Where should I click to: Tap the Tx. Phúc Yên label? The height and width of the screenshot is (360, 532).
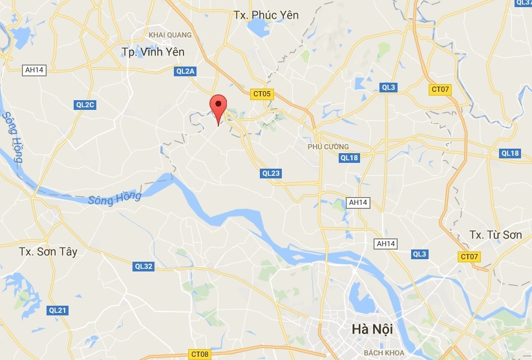[x=266, y=14]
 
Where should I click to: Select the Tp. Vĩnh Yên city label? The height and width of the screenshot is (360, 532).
[x=153, y=52]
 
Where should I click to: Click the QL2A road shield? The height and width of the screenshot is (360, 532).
[x=185, y=72]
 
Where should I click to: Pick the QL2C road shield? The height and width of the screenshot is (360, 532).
[x=85, y=105]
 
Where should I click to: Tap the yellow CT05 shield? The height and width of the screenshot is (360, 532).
[x=262, y=94]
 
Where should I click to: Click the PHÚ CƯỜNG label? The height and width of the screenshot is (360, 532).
[x=328, y=147]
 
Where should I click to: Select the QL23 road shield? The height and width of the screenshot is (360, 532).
[x=271, y=173]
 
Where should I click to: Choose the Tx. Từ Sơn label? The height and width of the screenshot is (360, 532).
[x=495, y=235]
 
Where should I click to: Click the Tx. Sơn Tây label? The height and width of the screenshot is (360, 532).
[x=48, y=251]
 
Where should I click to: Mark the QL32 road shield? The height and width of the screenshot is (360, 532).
[x=144, y=266]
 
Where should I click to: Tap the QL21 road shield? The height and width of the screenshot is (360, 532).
[x=58, y=310]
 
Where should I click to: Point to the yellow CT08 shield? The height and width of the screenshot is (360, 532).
[x=199, y=354]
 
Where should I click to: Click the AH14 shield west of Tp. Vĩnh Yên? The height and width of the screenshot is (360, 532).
[x=34, y=70]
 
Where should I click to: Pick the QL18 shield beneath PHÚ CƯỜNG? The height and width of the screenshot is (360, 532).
[x=349, y=158]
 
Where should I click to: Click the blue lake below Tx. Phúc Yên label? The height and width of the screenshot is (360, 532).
[x=259, y=28]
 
